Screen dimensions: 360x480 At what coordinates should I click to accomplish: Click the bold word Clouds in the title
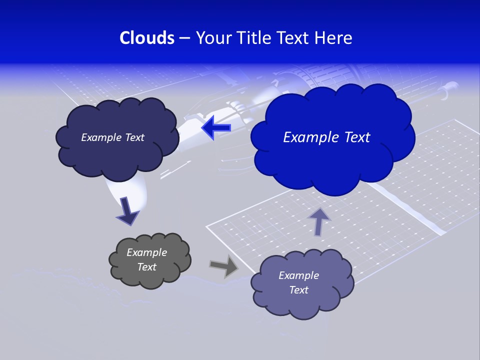(147, 38)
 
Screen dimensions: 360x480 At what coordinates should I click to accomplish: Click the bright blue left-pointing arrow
(216, 127)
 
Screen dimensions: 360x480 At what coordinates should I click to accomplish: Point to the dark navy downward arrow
(127, 211)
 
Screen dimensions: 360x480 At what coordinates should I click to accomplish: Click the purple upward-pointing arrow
(319, 221)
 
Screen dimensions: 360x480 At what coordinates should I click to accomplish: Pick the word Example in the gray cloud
(146, 252)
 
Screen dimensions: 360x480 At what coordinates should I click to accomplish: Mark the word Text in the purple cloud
(298, 290)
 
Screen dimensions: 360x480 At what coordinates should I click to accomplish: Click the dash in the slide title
(184, 38)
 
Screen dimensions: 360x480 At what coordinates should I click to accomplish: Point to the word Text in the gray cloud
(146, 267)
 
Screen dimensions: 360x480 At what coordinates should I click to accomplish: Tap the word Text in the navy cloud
(134, 137)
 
